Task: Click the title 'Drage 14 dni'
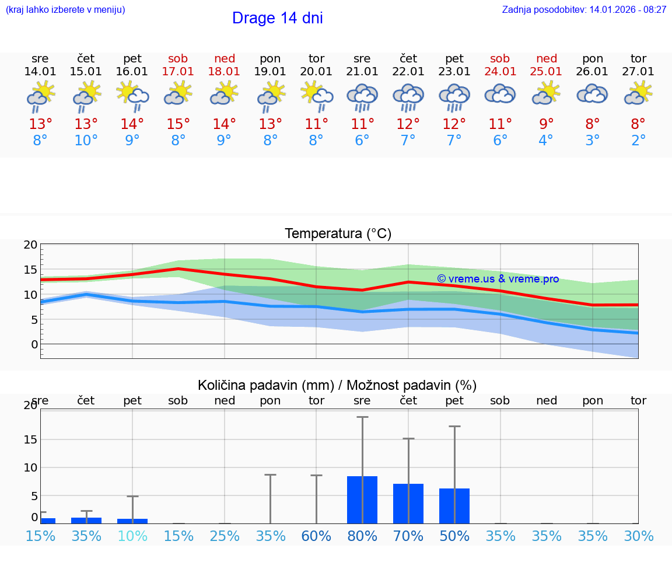click(277, 18)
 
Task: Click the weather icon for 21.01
click(362, 96)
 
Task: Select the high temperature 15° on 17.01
click(178, 124)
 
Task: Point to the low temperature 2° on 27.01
click(638, 141)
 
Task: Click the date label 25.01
click(546, 72)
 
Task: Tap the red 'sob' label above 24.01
click(500, 58)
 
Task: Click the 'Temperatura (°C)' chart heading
click(338, 233)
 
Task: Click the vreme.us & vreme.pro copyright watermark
click(498, 279)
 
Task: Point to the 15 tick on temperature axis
click(30, 270)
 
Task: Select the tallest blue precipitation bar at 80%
click(362, 500)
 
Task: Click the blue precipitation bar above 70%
click(408, 503)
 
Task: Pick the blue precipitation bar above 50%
click(454, 505)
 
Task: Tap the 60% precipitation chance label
click(316, 536)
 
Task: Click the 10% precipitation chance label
click(132, 536)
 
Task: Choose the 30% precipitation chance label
click(638, 536)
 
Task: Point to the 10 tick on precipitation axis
click(30, 467)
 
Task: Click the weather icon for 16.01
click(132, 96)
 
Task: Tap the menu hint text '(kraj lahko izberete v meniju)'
click(65, 10)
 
